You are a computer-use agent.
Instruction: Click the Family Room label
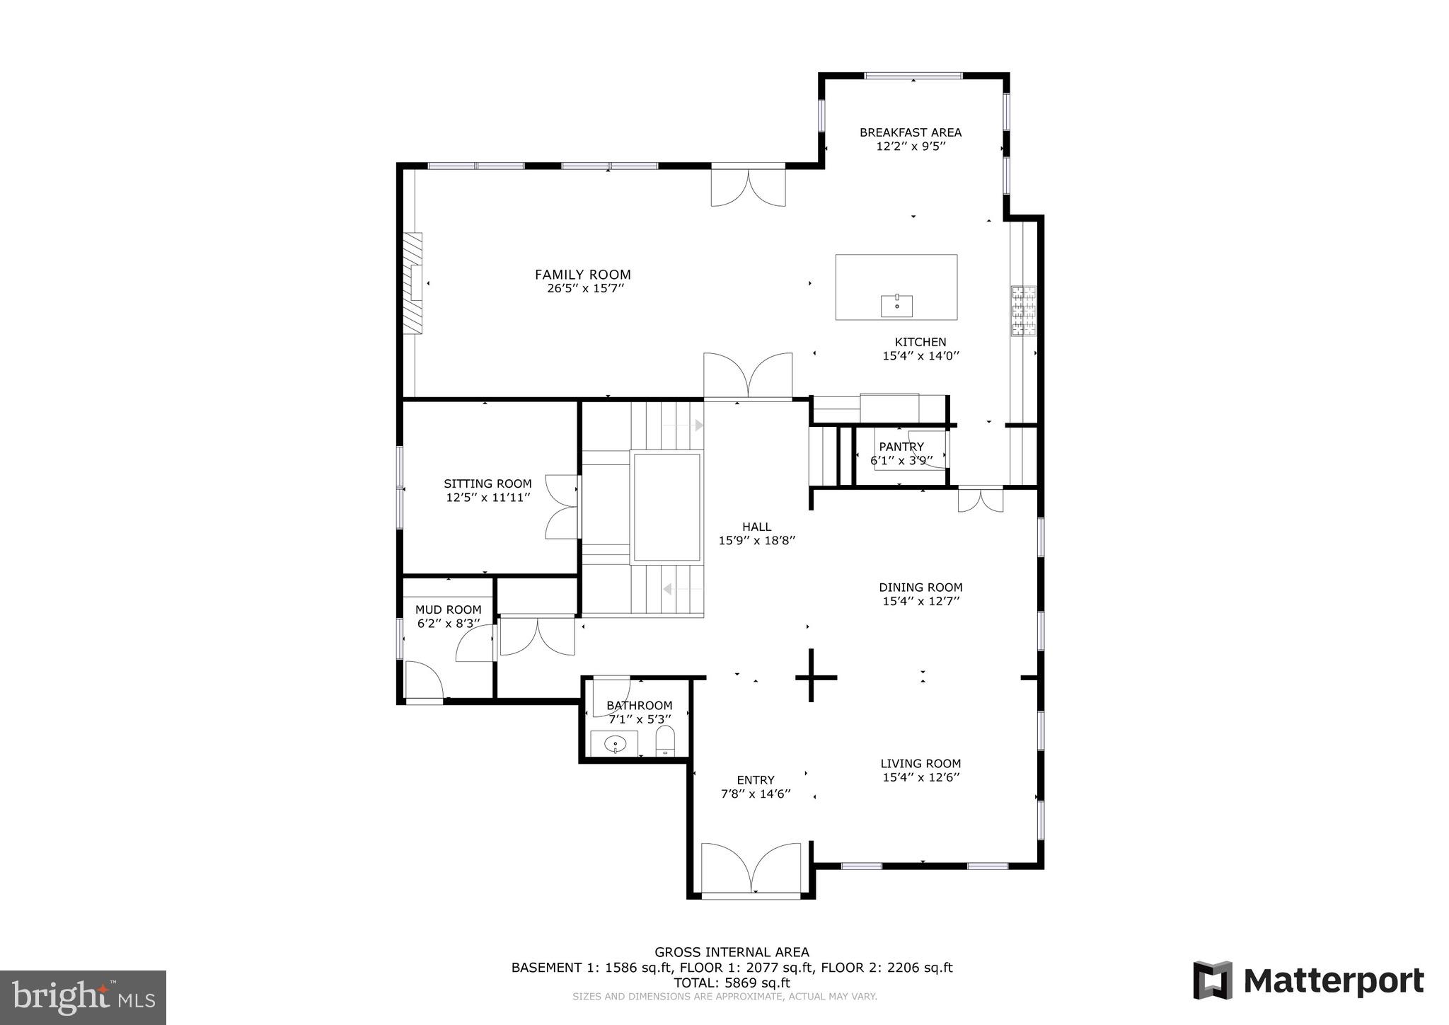pyautogui.click(x=582, y=275)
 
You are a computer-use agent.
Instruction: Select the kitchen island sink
pyautogui.click(x=896, y=307)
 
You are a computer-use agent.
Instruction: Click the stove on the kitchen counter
pyautogui.click(x=1023, y=310)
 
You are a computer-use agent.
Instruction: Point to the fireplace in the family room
pyautogui.click(x=412, y=283)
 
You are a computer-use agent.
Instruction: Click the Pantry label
pyautogui.click(x=901, y=447)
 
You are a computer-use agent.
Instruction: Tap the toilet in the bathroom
pyautogui.click(x=666, y=743)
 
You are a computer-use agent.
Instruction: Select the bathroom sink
pyautogui.click(x=615, y=744)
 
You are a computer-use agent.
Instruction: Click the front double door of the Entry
pyautogui.click(x=750, y=871)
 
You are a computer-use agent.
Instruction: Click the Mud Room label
pyautogui.click(x=448, y=609)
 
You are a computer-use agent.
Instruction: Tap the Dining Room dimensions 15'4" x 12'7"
pyautogui.click(x=920, y=601)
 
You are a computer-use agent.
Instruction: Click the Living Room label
pyautogui.click(x=920, y=763)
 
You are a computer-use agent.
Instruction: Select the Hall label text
pyautogui.click(x=756, y=527)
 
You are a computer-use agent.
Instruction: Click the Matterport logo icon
pyautogui.click(x=1213, y=980)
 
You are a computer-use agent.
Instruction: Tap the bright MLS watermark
pyautogui.click(x=83, y=997)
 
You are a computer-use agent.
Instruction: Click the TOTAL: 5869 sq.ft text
pyautogui.click(x=732, y=983)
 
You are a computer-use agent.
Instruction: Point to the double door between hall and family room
pyautogui.click(x=747, y=377)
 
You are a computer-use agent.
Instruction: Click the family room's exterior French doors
pyautogui.click(x=748, y=185)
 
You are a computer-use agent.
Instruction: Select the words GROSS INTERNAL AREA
pyautogui.click(x=732, y=952)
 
